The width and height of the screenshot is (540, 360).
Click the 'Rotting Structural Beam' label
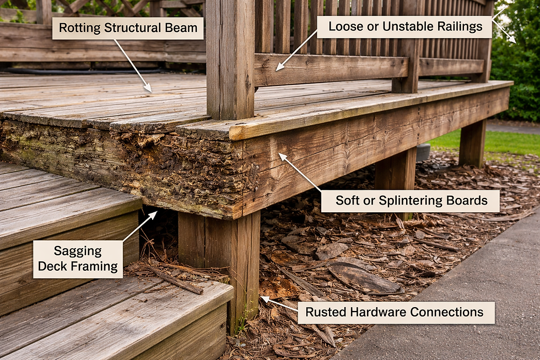click(x=128, y=28)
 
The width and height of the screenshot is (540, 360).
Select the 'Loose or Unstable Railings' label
click(x=405, y=26)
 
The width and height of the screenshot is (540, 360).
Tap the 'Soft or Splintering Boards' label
click(x=411, y=201)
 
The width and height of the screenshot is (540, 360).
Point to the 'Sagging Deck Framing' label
click(x=78, y=259)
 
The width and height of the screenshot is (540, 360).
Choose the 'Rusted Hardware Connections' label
click(x=396, y=312)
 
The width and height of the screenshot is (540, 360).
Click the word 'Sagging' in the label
click(x=78, y=251)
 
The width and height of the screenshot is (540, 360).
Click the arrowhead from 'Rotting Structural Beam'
click(x=148, y=88)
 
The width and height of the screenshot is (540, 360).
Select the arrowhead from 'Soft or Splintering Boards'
click(x=282, y=157)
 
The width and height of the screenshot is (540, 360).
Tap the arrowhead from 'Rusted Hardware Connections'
click(x=265, y=299)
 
